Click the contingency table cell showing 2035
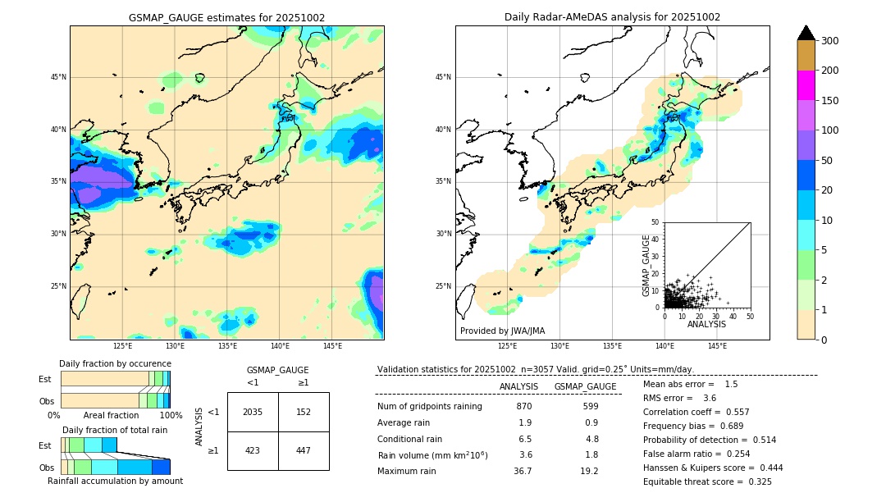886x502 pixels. pos(253,412)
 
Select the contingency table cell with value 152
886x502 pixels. pos(304,412)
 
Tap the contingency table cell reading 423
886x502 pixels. pos(253,450)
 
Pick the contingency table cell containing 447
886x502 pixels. pos(304,450)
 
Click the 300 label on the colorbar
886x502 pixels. pos(829,41)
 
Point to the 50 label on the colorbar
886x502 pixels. pos(827,161)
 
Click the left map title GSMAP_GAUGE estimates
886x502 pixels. pos(226,17)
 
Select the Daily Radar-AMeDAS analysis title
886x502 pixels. pos(612,17)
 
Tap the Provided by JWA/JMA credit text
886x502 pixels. pos(502,331)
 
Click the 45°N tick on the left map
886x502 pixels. pos(58,77)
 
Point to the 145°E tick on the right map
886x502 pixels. pos(717,346)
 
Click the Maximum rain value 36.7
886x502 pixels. pos(523,471)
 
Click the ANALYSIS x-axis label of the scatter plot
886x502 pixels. pos(706,324)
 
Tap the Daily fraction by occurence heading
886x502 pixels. pos(115,363)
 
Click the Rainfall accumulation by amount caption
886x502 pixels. pos(115,481)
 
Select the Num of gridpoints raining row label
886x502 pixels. pos(429,406)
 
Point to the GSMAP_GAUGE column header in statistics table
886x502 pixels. pos(585,386)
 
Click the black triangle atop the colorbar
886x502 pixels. pos(806,33)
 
